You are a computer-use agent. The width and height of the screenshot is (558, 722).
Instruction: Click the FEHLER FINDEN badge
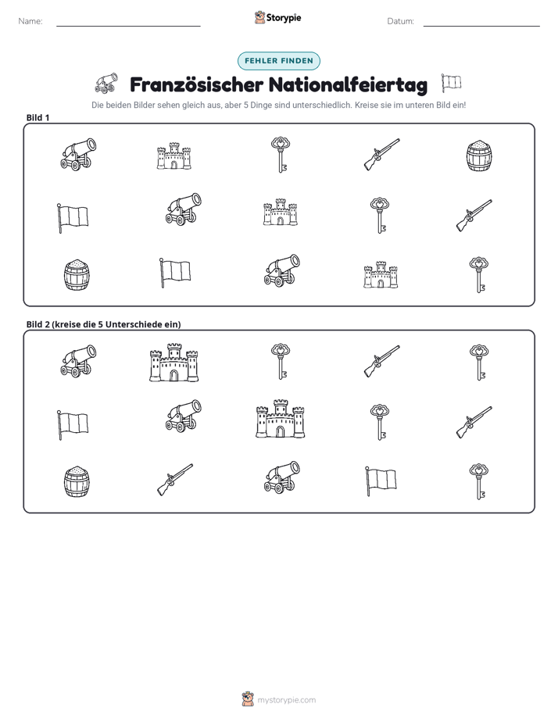point(278,61)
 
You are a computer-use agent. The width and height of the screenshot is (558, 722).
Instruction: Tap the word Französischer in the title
point(197,84)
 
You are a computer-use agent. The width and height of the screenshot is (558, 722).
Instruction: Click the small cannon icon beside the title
point(106,82)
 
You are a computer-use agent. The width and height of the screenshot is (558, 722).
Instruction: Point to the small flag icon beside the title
point(451,83)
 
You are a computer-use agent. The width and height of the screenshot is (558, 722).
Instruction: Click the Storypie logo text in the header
point(284,18)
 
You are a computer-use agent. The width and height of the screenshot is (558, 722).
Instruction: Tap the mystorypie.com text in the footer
point(286,700)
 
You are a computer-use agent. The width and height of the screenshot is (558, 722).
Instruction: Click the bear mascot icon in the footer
point(248,699)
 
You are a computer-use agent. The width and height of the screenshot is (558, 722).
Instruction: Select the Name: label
point(30,21)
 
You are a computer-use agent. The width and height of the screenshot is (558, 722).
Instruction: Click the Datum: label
point(401,21)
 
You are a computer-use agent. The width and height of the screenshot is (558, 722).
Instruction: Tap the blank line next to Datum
point(481,27)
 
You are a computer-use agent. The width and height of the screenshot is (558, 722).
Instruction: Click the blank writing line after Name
point(128,27)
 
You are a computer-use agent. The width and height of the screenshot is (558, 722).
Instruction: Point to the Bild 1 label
point(38,117)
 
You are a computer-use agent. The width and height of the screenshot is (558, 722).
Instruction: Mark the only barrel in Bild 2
point(77,481)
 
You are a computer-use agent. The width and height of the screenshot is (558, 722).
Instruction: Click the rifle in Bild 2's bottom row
point(175,480)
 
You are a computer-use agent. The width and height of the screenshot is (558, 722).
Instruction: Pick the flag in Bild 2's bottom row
point(381,481)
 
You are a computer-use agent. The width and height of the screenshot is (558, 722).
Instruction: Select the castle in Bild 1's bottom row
point(381,275)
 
